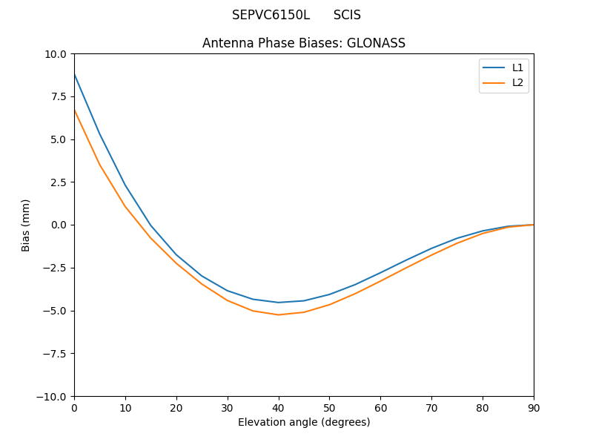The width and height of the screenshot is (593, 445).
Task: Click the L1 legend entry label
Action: click(517, 67)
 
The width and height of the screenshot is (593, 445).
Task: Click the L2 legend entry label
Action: click(517, 82)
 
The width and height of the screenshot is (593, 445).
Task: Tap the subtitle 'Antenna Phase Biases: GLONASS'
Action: click(304, 43)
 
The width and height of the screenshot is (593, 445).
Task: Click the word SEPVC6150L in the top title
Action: click(271, 15)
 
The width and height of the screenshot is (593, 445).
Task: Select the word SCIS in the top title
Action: click(347, 15)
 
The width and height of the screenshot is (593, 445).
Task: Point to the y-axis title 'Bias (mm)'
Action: click(26, 225)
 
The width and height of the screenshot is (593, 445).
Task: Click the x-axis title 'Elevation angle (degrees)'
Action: click(304, 422)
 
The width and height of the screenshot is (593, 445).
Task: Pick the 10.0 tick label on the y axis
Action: click(56, 53)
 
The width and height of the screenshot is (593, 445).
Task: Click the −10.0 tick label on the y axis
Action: click(53, 396)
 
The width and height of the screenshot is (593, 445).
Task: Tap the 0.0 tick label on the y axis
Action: click(59, 225)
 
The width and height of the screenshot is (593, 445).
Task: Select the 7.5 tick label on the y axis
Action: click(59, 96)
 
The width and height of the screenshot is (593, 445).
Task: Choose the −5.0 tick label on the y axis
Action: click(56, 311)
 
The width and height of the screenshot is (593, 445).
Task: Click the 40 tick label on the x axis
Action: click(278, 407)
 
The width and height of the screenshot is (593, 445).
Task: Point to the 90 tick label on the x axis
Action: click(534, 407)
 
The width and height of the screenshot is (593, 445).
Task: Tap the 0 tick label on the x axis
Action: click(74, 407)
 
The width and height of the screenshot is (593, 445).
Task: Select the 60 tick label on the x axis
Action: click(380, 407)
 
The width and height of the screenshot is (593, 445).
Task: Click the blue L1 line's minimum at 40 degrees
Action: click(278, 303)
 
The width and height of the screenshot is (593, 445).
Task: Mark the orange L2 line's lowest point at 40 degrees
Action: click(278, 314)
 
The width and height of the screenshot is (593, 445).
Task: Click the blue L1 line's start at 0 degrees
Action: click(75, 74)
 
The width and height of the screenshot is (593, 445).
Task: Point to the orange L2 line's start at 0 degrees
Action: click(75, 110)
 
